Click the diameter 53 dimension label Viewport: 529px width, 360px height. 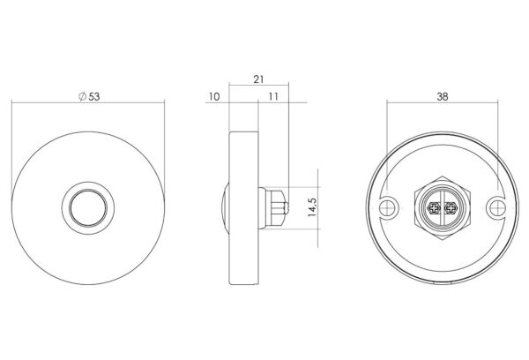[89, 96]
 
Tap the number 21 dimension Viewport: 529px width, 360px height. [258, 79]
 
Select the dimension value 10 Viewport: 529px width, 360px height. [214, 96]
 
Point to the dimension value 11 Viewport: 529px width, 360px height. [273, 96]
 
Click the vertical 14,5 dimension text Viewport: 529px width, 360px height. [312, 207]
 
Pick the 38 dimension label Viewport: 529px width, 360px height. [443, 96]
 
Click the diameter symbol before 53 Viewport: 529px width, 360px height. [82, 96]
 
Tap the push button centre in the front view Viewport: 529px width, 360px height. [88, 207]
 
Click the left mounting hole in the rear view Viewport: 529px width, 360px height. [389, 207]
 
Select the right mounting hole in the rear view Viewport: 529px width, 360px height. [497, 207]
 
